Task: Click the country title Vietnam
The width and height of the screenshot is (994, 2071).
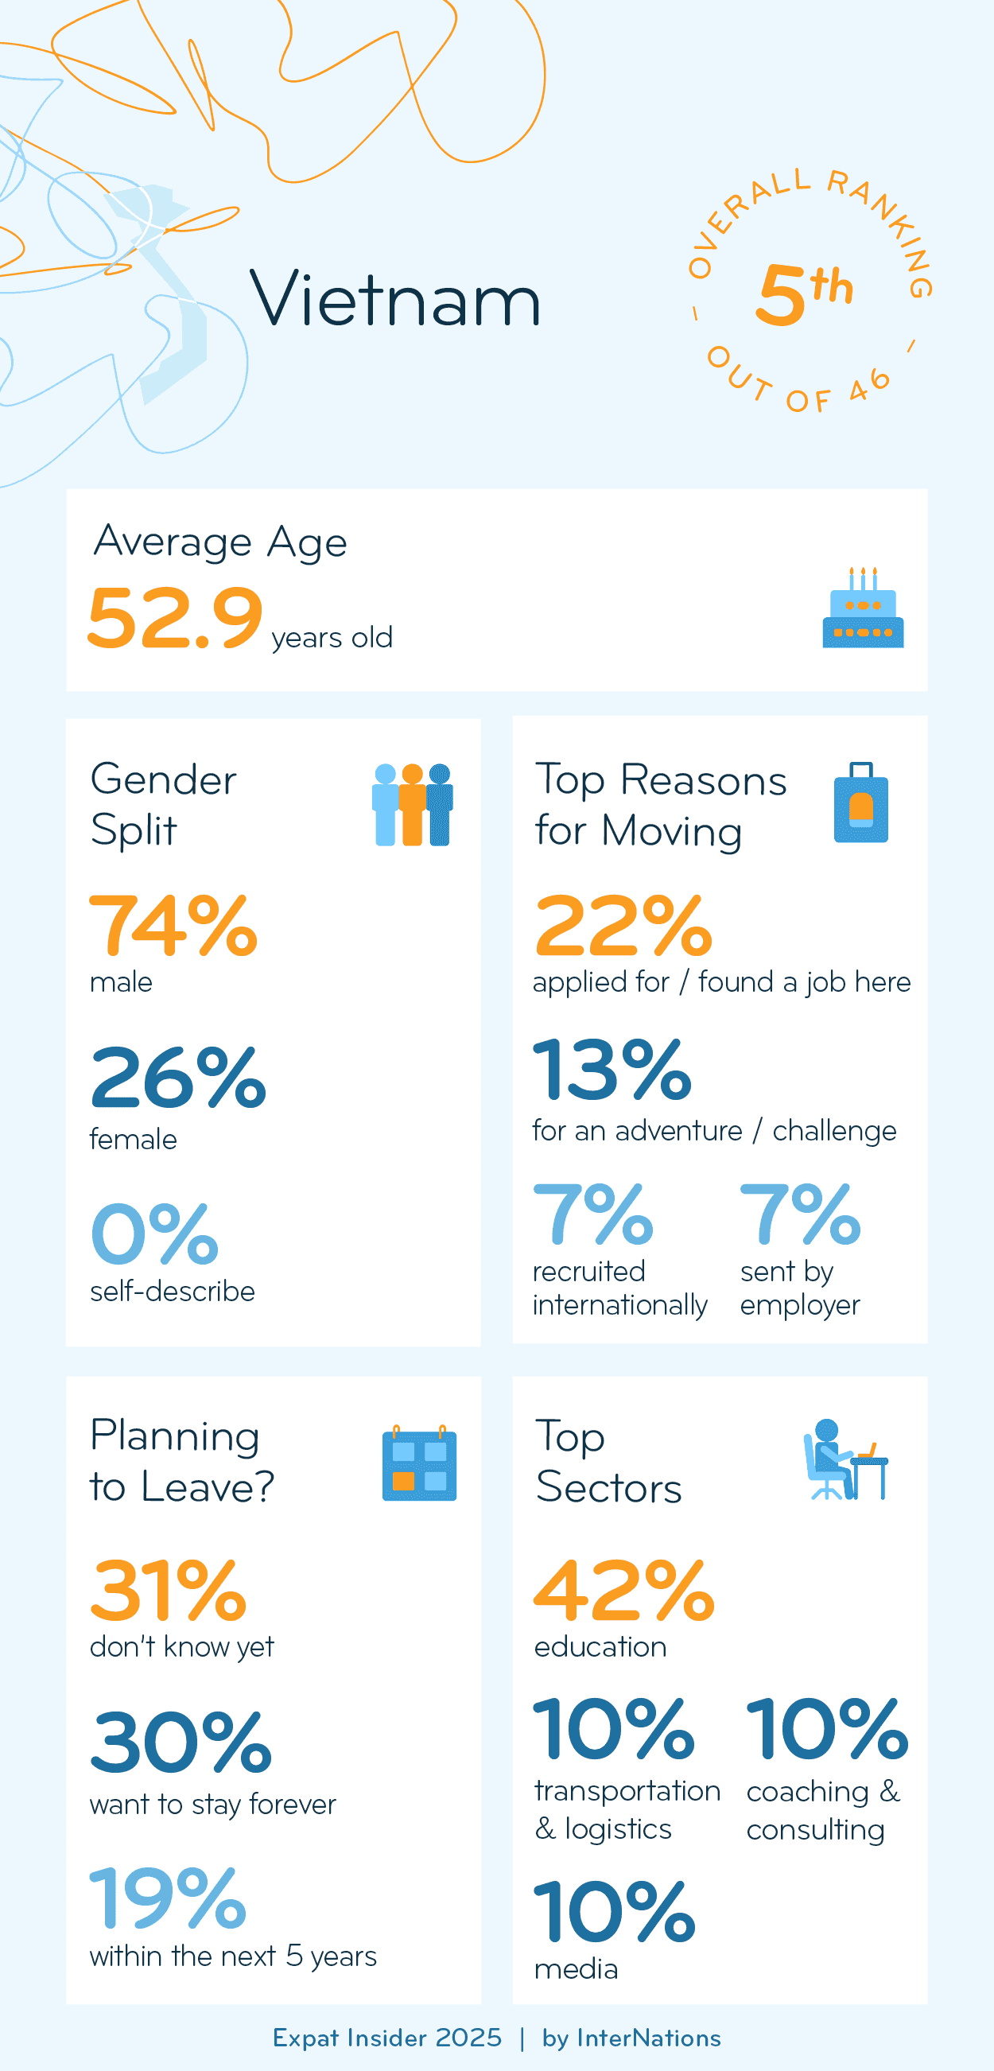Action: click(x=395, y=299)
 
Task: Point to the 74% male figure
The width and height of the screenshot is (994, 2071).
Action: click(x=173, y=927)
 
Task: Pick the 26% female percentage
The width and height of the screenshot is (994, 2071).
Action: click(x=177, y=1078)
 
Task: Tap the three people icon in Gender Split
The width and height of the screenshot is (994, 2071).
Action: click(x=412, y=805)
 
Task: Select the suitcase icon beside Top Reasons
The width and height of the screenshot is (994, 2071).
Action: click(x=860, y=803)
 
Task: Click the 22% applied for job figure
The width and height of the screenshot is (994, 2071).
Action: click(x=623, y=927)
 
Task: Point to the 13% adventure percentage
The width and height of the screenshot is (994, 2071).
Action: click(x=612, y=1070)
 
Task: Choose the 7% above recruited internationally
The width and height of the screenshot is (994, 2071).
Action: click(x=593, y=1214)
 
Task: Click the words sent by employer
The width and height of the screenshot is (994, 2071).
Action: click(x=798, y=1288)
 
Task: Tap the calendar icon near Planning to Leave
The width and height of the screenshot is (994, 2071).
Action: click(x=419, y=1463)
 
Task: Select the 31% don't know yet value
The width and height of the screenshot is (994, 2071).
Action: click(x=168, y=1591)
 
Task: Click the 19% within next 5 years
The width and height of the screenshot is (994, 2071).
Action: click(x=168, y=1899)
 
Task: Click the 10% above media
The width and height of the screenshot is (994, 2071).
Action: click(x=614, y=1912)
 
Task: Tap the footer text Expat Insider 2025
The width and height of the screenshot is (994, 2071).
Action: click(x=386, y=2038)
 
